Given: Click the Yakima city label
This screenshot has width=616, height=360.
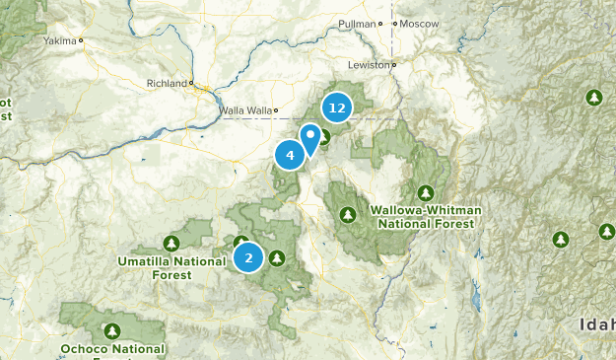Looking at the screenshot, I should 60,41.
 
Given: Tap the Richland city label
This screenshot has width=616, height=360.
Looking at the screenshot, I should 166,83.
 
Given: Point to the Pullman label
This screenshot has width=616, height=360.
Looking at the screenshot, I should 357,23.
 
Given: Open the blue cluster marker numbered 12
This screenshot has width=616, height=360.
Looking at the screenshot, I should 337,108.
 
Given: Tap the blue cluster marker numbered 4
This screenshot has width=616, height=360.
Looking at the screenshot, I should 290,155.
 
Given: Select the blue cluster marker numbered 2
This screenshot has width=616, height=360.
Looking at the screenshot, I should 248,258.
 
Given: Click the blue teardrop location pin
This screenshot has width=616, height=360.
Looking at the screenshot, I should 311,138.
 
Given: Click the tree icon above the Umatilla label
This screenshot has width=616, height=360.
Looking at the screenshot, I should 171,243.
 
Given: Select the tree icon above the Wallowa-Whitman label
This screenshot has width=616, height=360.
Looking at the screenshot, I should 425,192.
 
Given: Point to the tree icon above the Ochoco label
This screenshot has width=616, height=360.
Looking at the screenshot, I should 113,330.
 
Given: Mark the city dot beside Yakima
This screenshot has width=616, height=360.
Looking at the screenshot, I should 81,41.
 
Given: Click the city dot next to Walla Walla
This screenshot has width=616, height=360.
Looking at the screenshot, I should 277,110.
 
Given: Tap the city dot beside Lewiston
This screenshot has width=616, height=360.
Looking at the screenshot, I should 393,66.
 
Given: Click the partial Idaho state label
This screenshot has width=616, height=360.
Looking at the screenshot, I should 597,324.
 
